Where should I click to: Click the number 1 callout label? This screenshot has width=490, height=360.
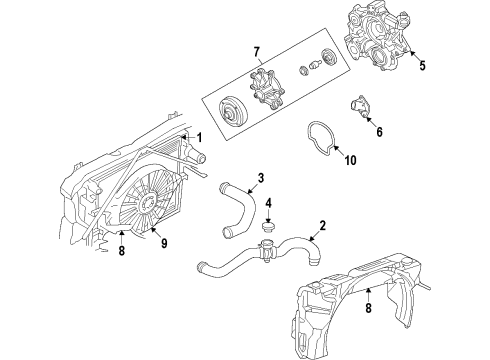coord(199,137)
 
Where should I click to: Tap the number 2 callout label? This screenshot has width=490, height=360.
coord(322,225)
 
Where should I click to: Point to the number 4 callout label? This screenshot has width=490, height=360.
coord(269,205)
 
